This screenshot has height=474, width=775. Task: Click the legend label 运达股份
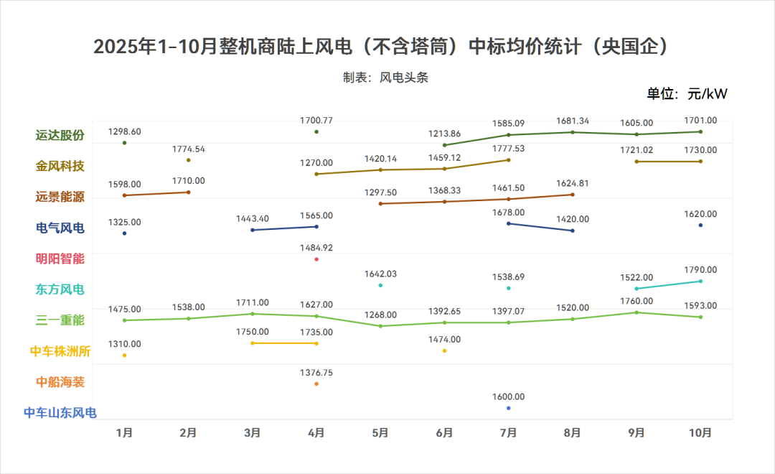click(x=60, y=135)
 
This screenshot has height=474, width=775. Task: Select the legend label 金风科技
click(x=60, y=166)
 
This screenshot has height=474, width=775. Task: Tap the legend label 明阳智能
click(x=60, y=259)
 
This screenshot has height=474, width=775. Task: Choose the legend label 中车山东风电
click(x=60, y=413)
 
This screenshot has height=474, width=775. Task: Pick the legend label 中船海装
click(x=60, y=382)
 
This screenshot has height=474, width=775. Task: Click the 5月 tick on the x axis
click(x=380, y=433)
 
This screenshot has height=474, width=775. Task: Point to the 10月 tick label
click(x=700, y=433)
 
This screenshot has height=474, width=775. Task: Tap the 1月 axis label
click(x=124, y=433)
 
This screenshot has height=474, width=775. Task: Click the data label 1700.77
click(x=316, y=121)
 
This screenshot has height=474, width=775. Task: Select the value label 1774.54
click(x=189, y=149)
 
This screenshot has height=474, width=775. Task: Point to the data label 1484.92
click(x=316, y=248)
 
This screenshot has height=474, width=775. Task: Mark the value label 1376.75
click(x=316, y=373)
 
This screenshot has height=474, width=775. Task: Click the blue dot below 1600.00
click(x=509, y=408)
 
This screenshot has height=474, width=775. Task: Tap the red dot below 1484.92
click(x=316, y=259)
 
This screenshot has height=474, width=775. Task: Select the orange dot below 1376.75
click(x=316, y=384)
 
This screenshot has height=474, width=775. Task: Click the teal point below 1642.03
click(x=380, y=286)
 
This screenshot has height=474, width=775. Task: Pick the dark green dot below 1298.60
click(x=124, y=143)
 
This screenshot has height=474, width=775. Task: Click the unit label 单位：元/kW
click(x=687, y=94)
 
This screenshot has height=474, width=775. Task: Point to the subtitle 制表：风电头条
click(x=385, y=78)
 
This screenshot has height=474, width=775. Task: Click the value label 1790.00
click(x=700, y=270)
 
